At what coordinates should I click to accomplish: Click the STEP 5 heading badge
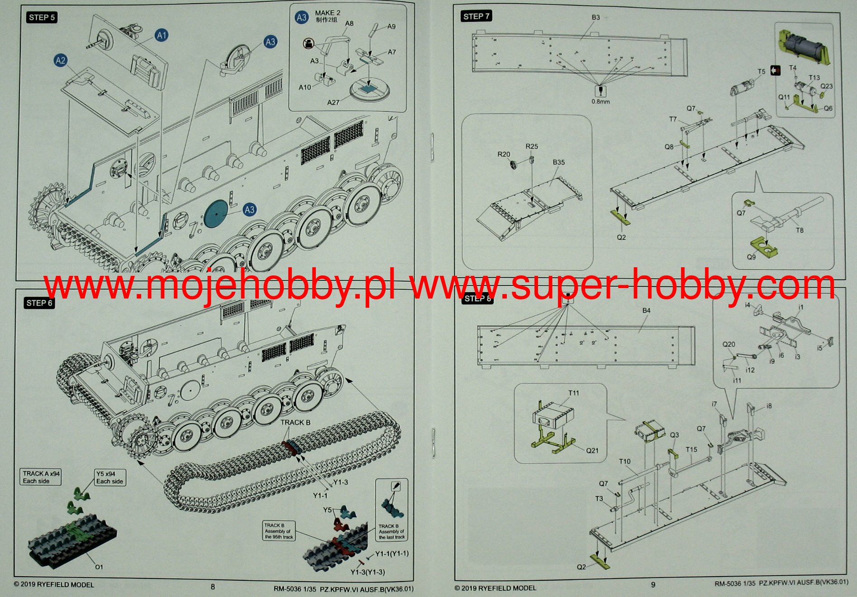pos(42,18)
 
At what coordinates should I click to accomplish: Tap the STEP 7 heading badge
pos(476,16)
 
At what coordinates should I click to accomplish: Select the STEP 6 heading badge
pos(39,303)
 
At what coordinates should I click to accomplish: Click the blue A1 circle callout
pos(162,35)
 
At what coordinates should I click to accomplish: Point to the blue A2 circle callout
pos(61,61)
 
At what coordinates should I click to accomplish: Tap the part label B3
pos(595,17)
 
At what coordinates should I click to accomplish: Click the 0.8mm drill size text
pos(600,101)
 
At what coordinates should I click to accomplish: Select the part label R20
pos(504,154)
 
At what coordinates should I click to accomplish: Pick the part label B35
pos(558,162)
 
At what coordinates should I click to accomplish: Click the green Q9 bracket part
pos(764,247)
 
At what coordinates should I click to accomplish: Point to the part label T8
pos(800,230)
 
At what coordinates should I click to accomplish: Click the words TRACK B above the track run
pos(295,422)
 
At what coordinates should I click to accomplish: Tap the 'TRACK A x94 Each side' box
pos(41,477)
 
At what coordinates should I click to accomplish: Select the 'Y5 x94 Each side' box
pos(110,477)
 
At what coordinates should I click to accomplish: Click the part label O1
pos(99,567)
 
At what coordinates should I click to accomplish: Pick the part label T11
pos(573,393)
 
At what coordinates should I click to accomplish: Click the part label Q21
pos(592,450)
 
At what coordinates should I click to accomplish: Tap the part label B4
pos(646,310)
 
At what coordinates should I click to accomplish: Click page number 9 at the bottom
pos(653,585)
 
